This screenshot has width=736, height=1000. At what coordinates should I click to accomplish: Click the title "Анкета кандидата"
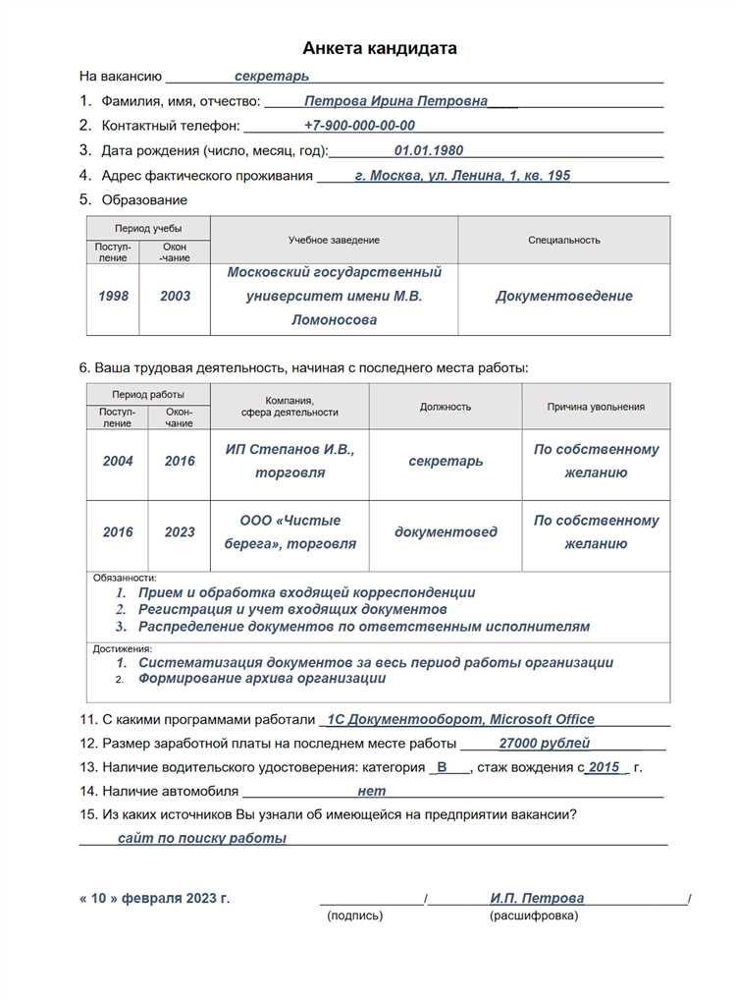click(x=379, y=48)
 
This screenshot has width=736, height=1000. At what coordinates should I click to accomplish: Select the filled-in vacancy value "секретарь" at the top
click(x=272, y=76)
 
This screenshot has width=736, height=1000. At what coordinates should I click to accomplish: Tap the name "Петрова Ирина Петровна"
click(x=395, y=101)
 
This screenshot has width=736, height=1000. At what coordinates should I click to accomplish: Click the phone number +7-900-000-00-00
click(x=359, y=126)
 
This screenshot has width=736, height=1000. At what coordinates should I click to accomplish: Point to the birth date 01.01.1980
click(x=429, y=151)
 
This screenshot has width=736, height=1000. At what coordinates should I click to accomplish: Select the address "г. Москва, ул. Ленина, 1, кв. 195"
click(x=462, y=176)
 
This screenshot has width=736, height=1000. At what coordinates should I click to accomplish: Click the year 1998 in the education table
click(x=114, y=296)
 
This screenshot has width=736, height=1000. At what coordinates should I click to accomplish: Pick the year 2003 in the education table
click(x=176, y=296)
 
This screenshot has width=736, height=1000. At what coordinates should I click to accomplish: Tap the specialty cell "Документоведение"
click(x=564, y=296)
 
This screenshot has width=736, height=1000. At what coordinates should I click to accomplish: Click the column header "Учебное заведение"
click(x=334, y=241)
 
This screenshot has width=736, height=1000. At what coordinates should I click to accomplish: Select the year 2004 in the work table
click(x=118, y=461)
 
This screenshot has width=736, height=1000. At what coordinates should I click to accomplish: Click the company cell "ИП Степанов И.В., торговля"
click(x=289, y=461)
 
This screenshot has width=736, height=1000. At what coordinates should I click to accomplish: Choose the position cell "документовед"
click(x=446, y=532)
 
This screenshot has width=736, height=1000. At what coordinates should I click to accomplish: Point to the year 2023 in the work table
click(x=180, y=532)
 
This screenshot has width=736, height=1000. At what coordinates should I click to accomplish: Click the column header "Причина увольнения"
click(x=596, y=407)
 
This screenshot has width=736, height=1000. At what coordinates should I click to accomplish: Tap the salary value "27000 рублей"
click(x=545, y=744)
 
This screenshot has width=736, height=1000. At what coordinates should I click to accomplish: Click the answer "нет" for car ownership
click(x=372, y=791)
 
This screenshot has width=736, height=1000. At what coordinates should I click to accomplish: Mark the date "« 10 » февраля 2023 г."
click(x=154, y=898)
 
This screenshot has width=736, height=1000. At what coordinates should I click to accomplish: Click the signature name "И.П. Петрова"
click(x=537, y=898)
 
